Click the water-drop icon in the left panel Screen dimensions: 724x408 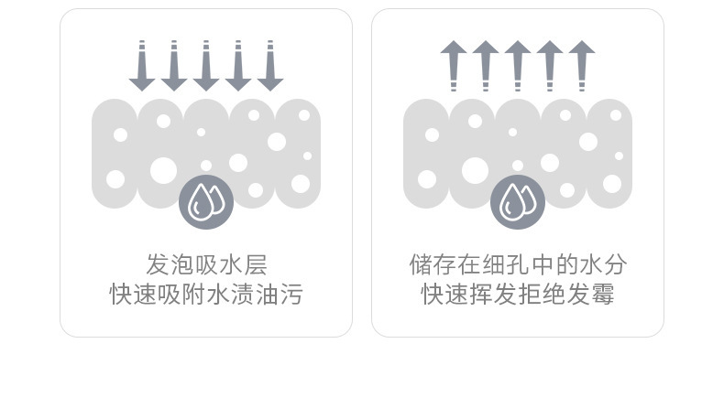pyautogui.click(x=206, y=202)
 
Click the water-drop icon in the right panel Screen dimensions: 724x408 pyautogui.click(x=518, y=202)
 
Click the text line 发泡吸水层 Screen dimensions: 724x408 pyautogui.click(x=206, y=265)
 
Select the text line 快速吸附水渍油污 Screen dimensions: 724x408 pyautogui.click(x=206, y=295)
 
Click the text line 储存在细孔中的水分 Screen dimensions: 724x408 pyautogui.click(x=518, y=265)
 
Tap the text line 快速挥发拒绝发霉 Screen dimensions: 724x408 pyautogui.click(x=518, y=295)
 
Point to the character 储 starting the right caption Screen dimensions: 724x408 pyautogui.click(x=421, y=265)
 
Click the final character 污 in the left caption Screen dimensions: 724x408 pyautogui.click(x=291, y=295)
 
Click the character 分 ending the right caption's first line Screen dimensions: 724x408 pyautogui.click(x=615, y=265)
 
